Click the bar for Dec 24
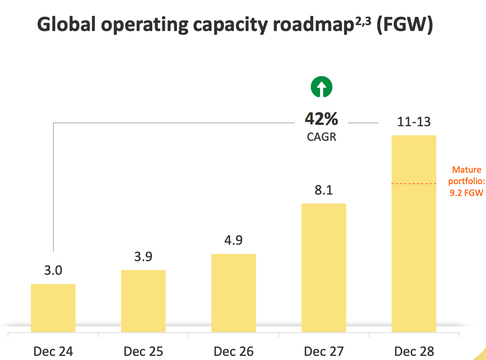53,308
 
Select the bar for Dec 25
143,301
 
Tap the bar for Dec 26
234,293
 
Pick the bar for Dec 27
324,268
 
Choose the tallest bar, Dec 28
414,234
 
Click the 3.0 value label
53,271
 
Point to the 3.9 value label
143,257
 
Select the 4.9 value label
234,240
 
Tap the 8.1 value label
324,190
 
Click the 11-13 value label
414,122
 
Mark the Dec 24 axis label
53,351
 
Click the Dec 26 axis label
234,351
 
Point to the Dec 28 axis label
414,351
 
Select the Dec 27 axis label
324,351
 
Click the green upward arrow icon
322,87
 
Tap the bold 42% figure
321,119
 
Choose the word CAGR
321,137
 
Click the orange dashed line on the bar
414,184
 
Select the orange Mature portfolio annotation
466,181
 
